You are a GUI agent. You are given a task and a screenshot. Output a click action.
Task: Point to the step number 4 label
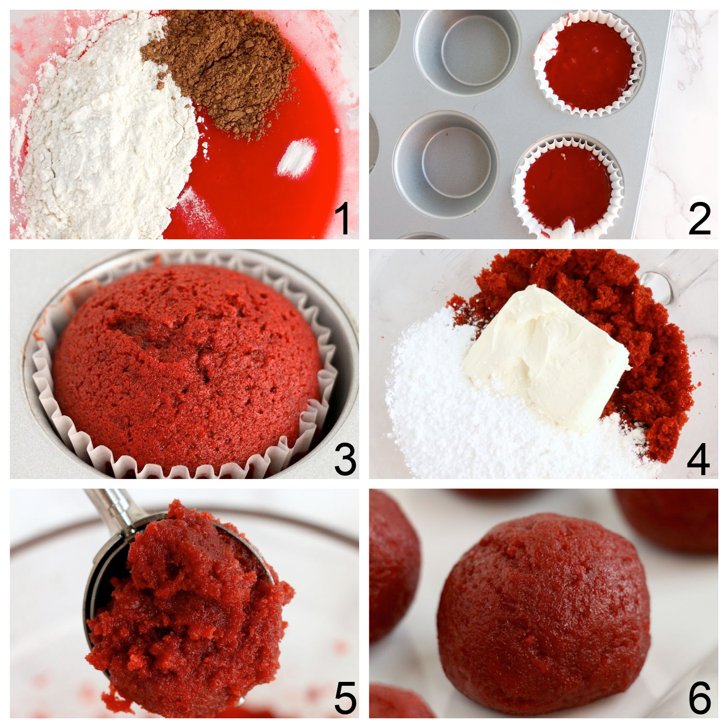coord(698,459)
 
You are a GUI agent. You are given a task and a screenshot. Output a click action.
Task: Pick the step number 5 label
coord(345,697)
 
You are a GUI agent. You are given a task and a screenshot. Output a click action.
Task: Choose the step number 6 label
coord(699,697)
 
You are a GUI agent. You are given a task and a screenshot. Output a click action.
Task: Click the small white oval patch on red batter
coord(296,159)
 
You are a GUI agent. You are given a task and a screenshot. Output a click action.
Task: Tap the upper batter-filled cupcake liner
coord(588,66)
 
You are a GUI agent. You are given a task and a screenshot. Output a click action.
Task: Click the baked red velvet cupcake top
coord(187,359)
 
